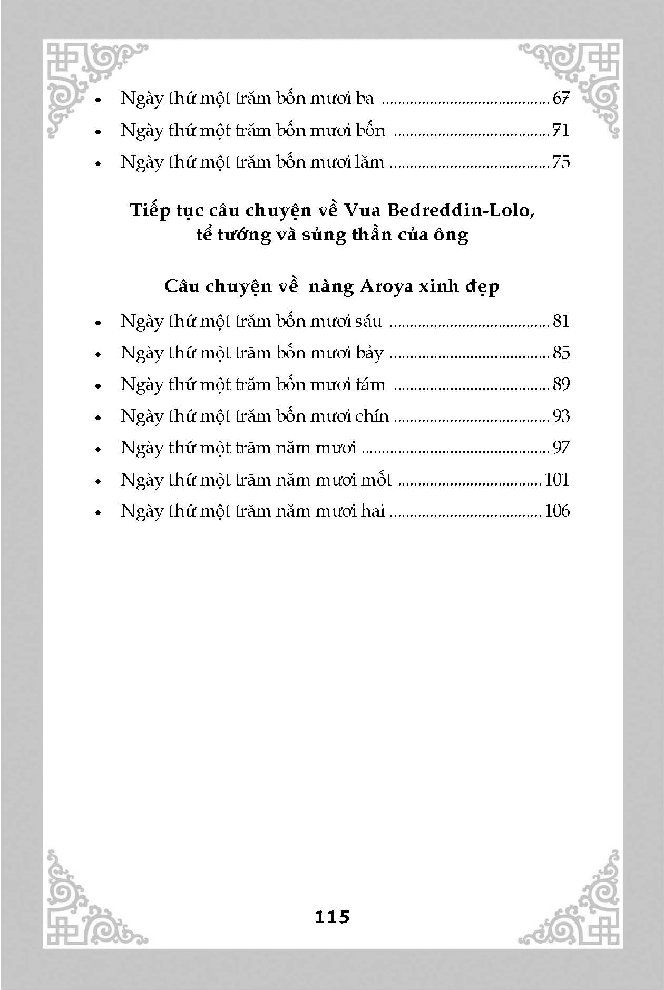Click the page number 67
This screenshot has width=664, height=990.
[561, 99]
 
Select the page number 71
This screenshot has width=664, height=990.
[561, 130]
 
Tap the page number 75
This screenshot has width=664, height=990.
[561, 162]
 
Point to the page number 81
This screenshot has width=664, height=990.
[561, 321]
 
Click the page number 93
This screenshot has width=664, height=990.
[561, 416]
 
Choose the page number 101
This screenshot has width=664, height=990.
[557, 480]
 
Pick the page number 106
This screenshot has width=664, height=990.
[557, 511]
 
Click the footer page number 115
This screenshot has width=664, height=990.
[332, 917]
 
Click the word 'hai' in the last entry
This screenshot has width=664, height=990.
[373, 511]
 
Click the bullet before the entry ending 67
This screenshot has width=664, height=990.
[97, 100]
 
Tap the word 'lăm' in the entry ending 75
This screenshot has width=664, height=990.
[369, 162]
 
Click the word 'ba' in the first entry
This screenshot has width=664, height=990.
[364, 99]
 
